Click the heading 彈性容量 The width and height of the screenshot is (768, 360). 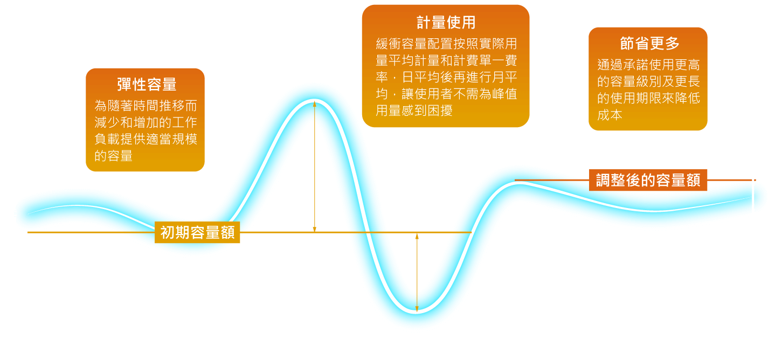click(146, 85)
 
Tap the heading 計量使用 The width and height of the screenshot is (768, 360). click(446, 22)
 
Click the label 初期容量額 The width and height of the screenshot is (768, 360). click(197, 232)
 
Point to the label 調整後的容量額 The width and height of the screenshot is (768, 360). click(648, 181)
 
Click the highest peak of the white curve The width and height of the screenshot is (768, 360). click(315, 102)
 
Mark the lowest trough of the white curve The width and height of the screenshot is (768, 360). click(417, 311)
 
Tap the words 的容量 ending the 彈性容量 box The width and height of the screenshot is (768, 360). click(114, 156)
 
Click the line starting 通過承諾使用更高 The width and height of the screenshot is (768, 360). click(648, 66)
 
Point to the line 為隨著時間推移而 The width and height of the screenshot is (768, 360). click(146, 105)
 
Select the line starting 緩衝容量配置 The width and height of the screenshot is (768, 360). click(446, 44)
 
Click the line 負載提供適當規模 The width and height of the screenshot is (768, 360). click(146, 139)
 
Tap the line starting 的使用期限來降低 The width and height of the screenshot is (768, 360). click(648, 99)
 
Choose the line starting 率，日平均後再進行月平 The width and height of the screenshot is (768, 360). click(446, 77)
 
